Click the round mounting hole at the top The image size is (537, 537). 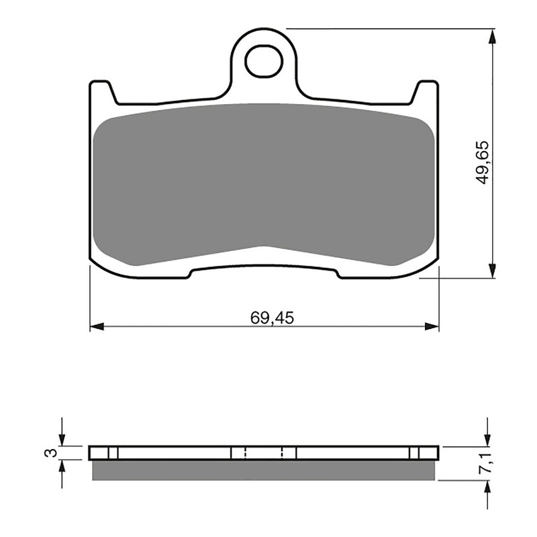tap(264, 61)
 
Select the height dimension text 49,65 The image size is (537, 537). tap(483, 163)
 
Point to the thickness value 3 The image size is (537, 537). tap(48, 452)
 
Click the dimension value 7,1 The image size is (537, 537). tap(483, 463)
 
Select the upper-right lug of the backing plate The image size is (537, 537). tap(426, 91)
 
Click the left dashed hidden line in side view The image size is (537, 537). tap(245, 452)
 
